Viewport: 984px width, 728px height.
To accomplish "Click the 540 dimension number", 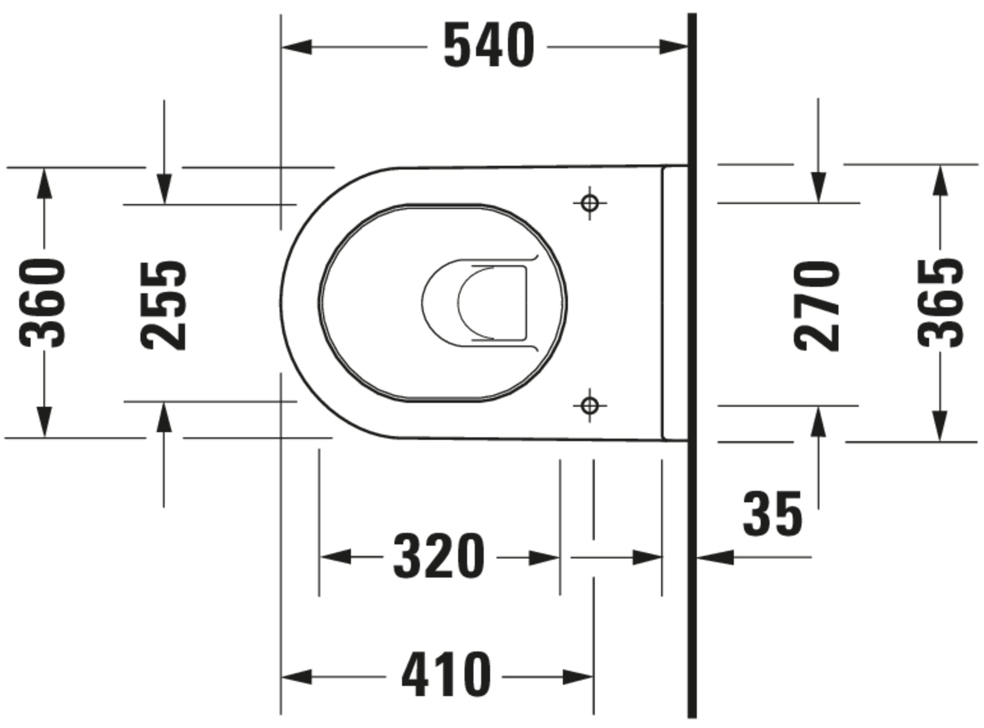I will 489,46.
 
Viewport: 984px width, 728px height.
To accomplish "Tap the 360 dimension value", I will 43,304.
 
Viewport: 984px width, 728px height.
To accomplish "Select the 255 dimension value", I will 164,306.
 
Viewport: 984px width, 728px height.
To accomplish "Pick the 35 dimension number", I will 772,514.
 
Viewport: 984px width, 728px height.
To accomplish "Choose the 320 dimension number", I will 439,557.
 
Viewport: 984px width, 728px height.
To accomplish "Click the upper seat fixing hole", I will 590,203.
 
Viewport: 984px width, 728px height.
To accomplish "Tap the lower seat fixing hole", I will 590,405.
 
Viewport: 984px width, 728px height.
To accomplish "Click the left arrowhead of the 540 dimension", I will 297,47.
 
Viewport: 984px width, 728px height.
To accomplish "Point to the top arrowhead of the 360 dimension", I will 44,183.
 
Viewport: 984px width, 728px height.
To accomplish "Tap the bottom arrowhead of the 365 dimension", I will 940,426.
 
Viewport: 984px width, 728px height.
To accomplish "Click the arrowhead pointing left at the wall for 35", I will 714,557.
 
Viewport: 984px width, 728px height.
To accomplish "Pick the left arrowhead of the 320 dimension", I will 335,557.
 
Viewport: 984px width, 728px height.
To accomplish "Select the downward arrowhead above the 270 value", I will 818,188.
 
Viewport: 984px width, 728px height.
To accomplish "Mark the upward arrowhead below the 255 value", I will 164,417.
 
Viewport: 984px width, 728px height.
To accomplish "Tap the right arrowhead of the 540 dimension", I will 673,47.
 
